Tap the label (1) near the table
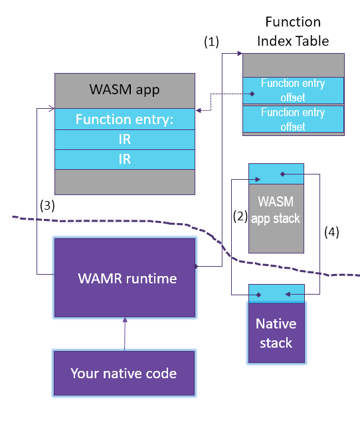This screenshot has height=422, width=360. click(x=211, y=41)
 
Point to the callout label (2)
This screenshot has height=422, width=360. click(x=240, y=216)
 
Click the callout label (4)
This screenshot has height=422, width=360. click(x=331, y=232)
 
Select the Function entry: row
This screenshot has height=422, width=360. click(x=124, y=120)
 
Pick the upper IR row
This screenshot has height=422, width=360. click(x=124, y=139)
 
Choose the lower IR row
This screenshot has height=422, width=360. click(x=124, y=159)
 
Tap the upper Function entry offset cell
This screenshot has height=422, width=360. click(x=293, y=90)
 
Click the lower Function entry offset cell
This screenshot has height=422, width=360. click(x=293, y=119)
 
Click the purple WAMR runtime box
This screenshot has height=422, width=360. click(x=124, y=278)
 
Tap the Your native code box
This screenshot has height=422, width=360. click(x=124, y=373)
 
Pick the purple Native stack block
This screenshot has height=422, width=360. click(x=276, y=333)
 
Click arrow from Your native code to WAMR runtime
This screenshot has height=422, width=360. click(x=124, y=334)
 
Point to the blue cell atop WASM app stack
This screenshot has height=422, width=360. click(x=276, y=174)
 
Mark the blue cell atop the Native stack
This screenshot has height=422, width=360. click(x=276, y=293)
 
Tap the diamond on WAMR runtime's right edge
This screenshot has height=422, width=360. click(x=196, y=266)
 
